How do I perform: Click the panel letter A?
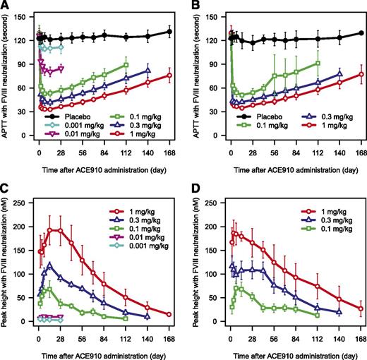point(6,6)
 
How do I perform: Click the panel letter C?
point(6,187)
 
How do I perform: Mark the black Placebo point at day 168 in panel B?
point(361,33)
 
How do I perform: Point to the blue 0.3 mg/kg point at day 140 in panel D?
point(339,312)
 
